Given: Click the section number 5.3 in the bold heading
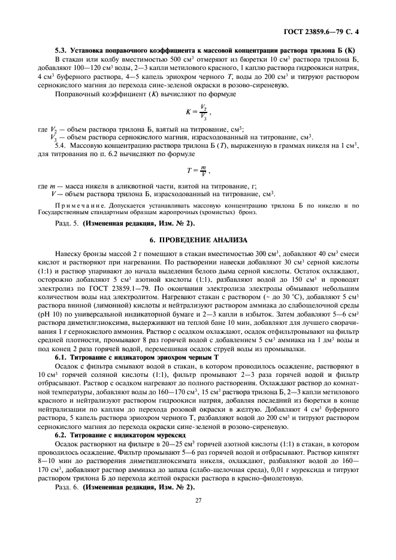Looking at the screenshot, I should click(x=62, y=51).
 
